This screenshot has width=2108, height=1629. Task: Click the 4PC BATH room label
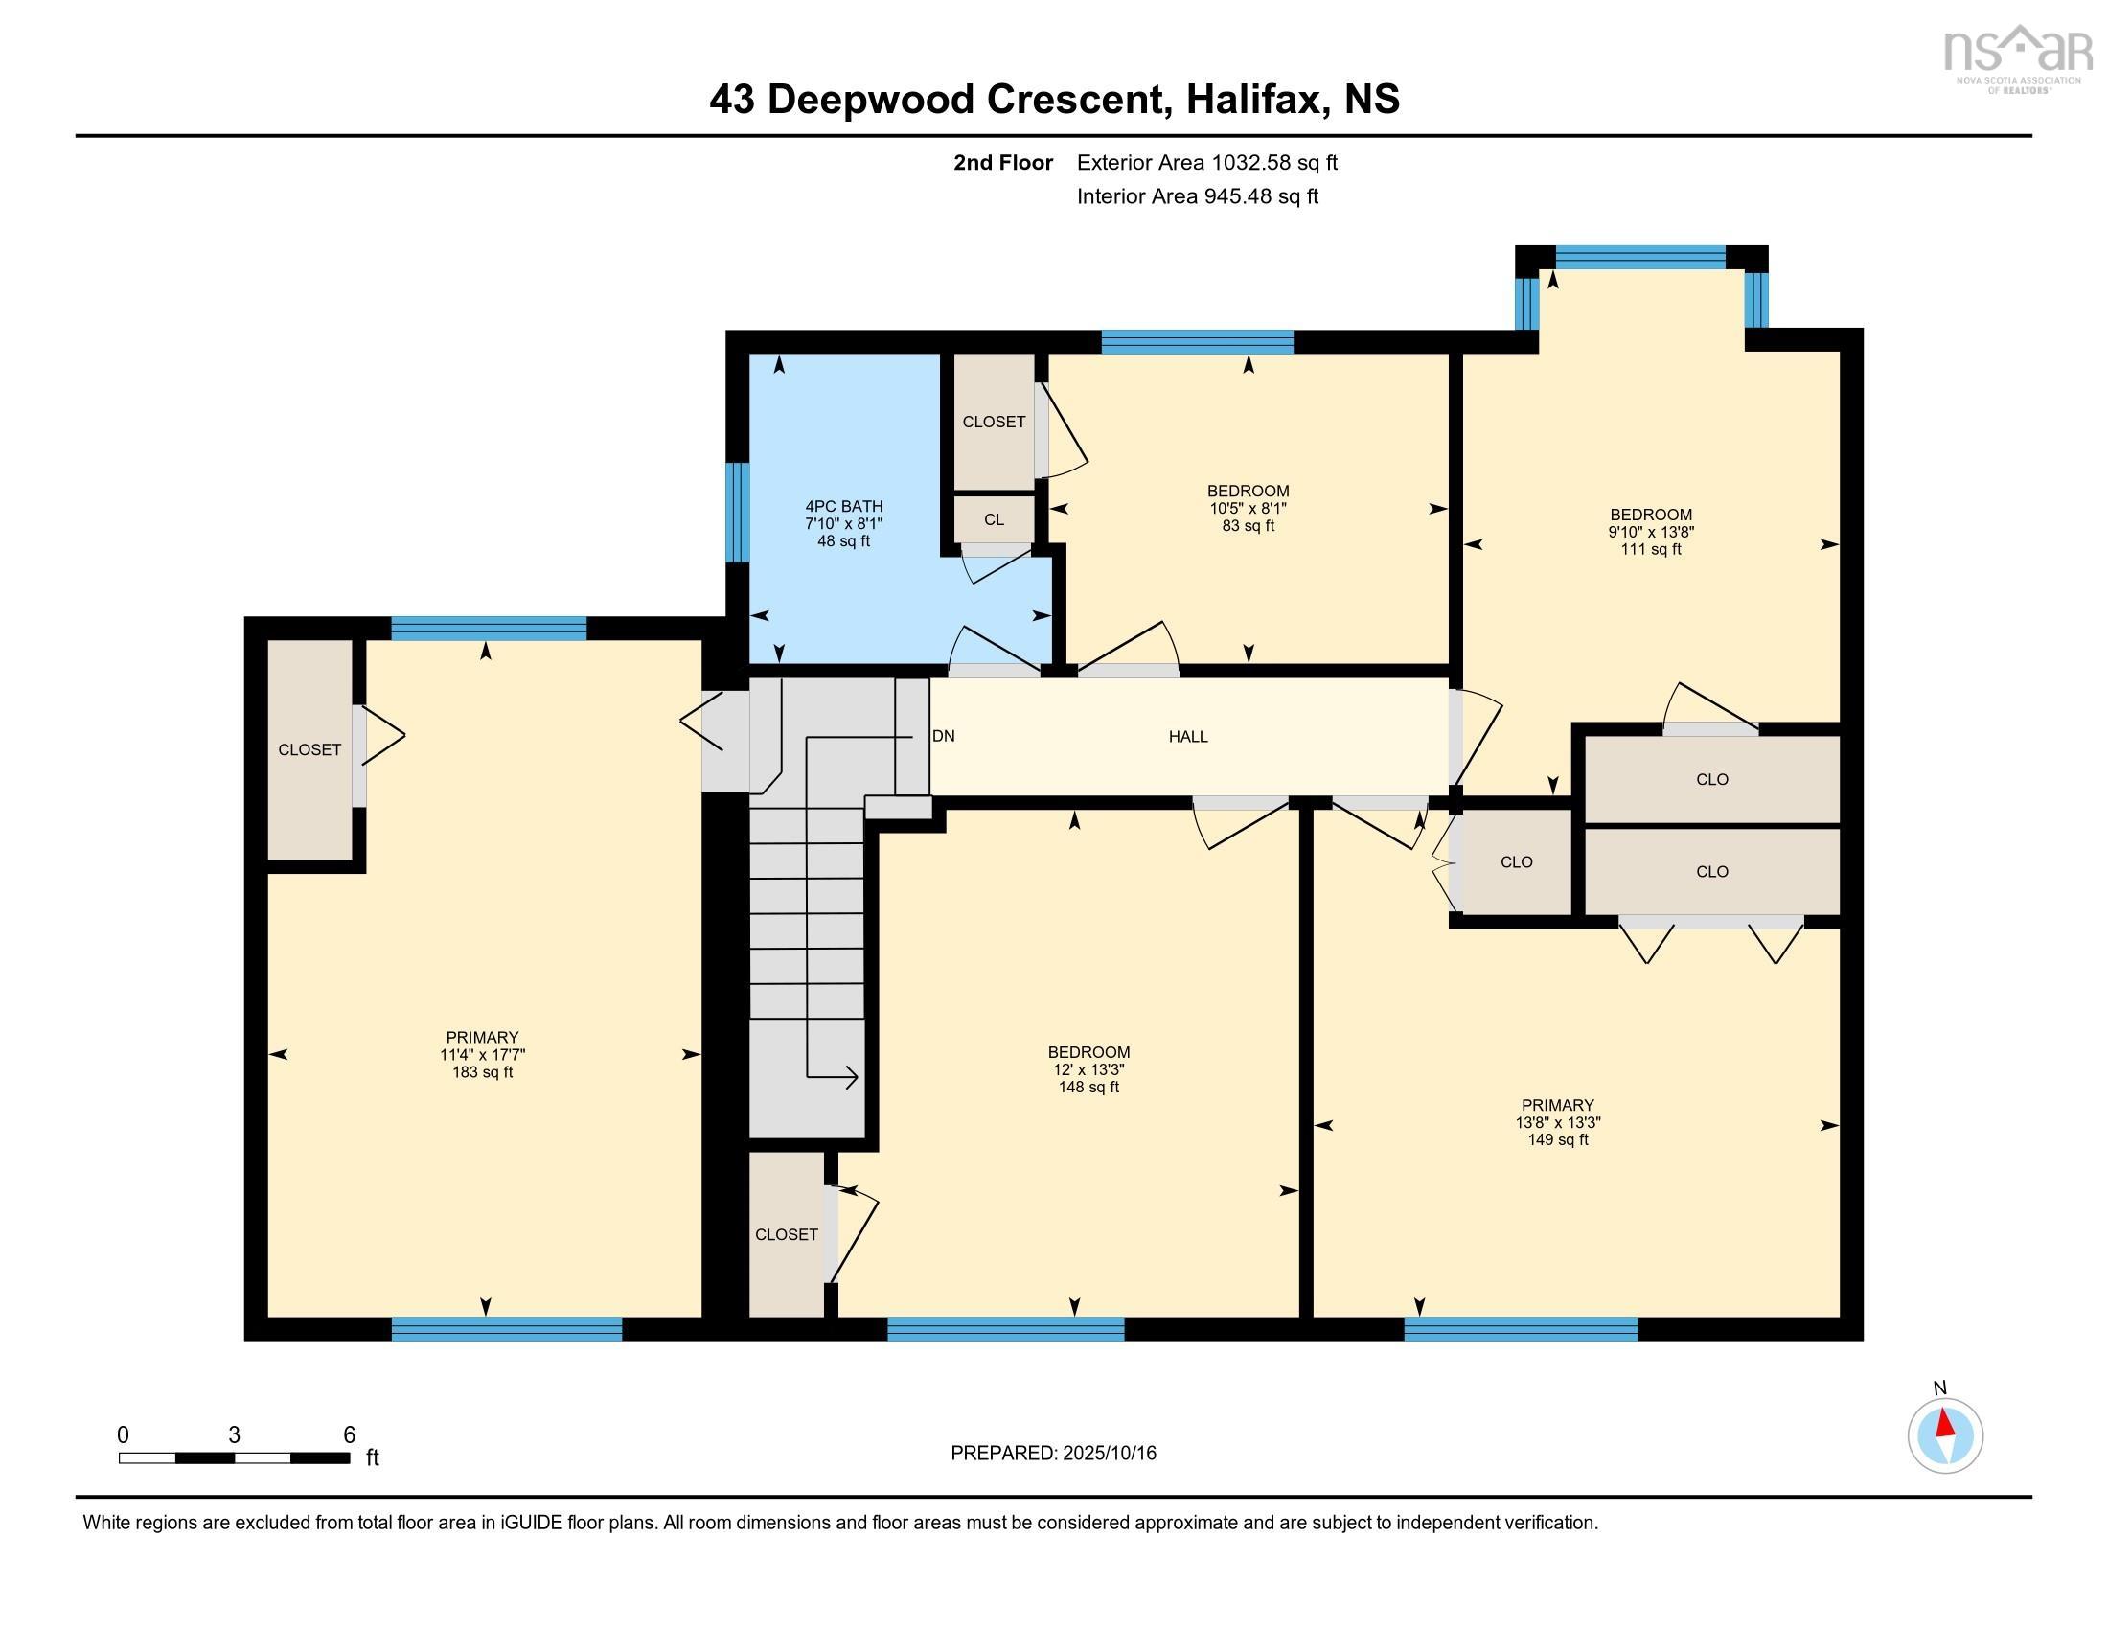pos(843,506)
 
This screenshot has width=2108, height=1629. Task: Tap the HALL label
pos(1188,736)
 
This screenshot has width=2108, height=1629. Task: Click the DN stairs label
pos(943,736)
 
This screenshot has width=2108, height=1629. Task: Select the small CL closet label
pos(994,519)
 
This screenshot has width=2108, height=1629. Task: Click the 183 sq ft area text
pos(482,1072)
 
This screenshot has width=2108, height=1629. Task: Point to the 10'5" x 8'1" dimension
pos(1248,508)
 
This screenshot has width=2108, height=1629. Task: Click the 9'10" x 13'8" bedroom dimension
pos(1651,532)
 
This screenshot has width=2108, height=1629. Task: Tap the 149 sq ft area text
pos(1557,1139)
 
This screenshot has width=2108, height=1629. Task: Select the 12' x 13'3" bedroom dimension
pos(1088,1069)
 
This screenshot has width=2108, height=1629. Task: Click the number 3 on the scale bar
pos(234,1435)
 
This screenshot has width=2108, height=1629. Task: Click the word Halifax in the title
pos(1254,100)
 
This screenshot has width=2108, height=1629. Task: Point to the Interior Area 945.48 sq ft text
pos(1197,196)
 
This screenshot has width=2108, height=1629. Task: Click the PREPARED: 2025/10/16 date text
pos(1053,1454)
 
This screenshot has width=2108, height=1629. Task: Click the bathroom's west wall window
pos(737,512)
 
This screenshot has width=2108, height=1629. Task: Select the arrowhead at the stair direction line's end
pos(850,1077)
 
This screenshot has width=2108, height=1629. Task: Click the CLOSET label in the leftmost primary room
pos(309,750)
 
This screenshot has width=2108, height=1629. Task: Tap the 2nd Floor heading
pos(1003,163)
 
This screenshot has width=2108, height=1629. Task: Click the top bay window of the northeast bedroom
pos(1639,257)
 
